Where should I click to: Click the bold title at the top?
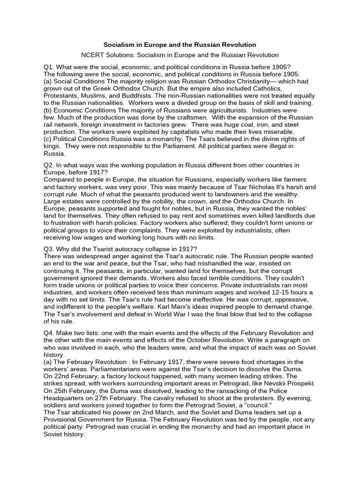tap(180, 45)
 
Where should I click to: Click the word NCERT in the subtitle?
tap(92, 55)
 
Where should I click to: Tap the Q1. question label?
tap(49, 66)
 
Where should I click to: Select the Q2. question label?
tap(49, 165)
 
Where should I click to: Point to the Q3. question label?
tap(49, 248)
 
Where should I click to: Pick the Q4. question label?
tap(49, 332)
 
